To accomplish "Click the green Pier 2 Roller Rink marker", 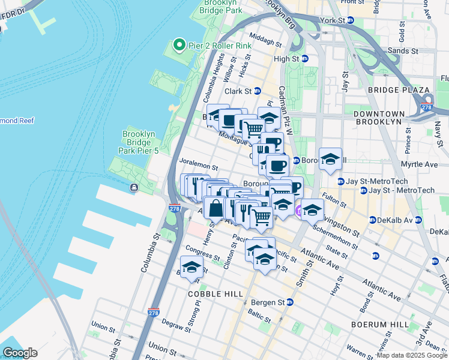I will tap(178, 44).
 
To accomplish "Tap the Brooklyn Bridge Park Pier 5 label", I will tap(140, 143).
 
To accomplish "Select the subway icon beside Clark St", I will tap(257, 91).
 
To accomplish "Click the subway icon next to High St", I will tap(305, 59).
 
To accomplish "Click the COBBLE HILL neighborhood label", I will tap(215, 294).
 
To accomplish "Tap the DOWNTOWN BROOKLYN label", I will tap(385, 118).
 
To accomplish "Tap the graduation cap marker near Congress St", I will tap(191, 267).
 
